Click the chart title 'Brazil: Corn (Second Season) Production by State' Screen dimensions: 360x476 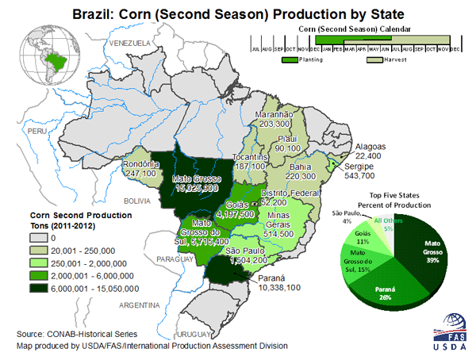[238, 13]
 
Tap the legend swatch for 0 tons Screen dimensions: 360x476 [37, 236]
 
